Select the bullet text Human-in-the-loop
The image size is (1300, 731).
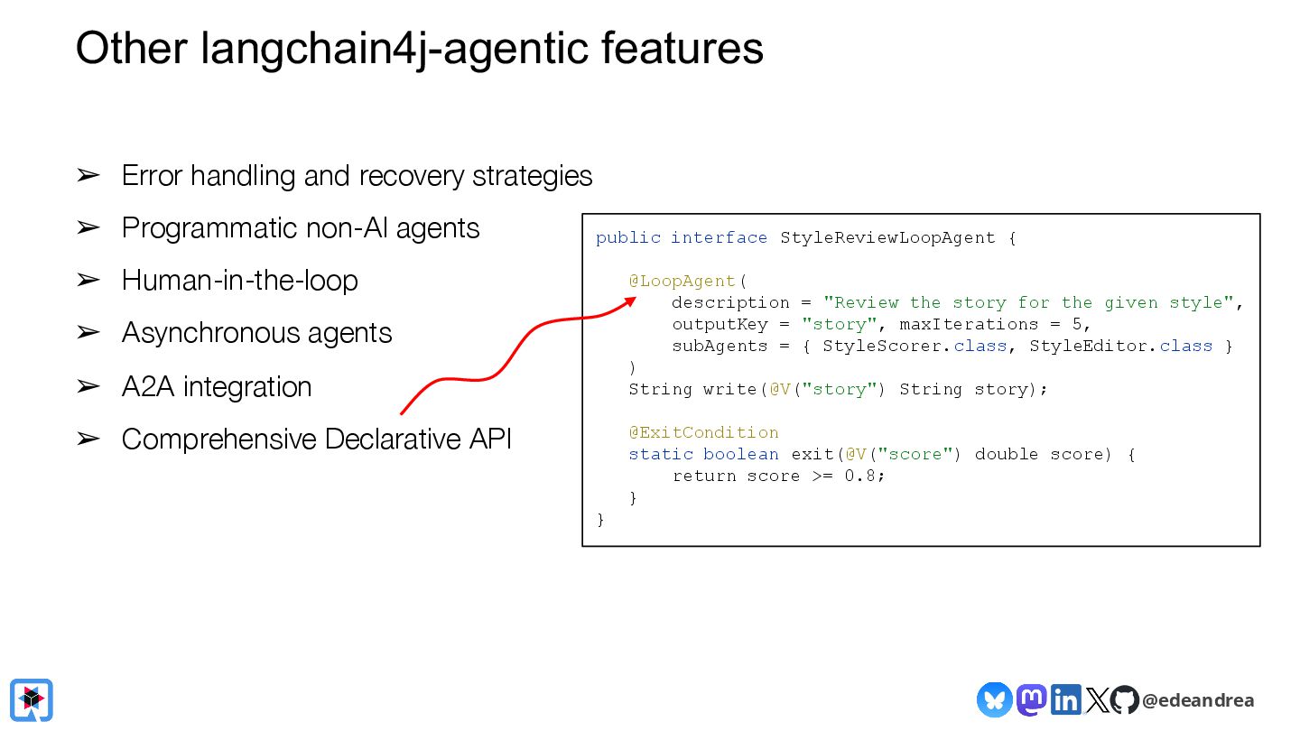[x=239, y=281]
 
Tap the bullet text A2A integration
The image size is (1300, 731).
[x=217, y=386]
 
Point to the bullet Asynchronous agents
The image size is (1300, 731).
[x=256, y=333]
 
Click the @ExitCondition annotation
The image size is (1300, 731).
[x=703, y=432]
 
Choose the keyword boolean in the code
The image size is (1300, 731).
[x=740, y=454]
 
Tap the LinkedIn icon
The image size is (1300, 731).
[x=1065, y=699]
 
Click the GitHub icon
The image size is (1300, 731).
[x=1124, y=699]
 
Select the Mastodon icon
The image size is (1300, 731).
[x=1031, y=699]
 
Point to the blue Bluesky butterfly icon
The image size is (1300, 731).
[x=994, y=699]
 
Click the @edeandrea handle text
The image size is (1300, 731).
[x=1197, y=700]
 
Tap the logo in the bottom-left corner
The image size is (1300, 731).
[x=32, y=699]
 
